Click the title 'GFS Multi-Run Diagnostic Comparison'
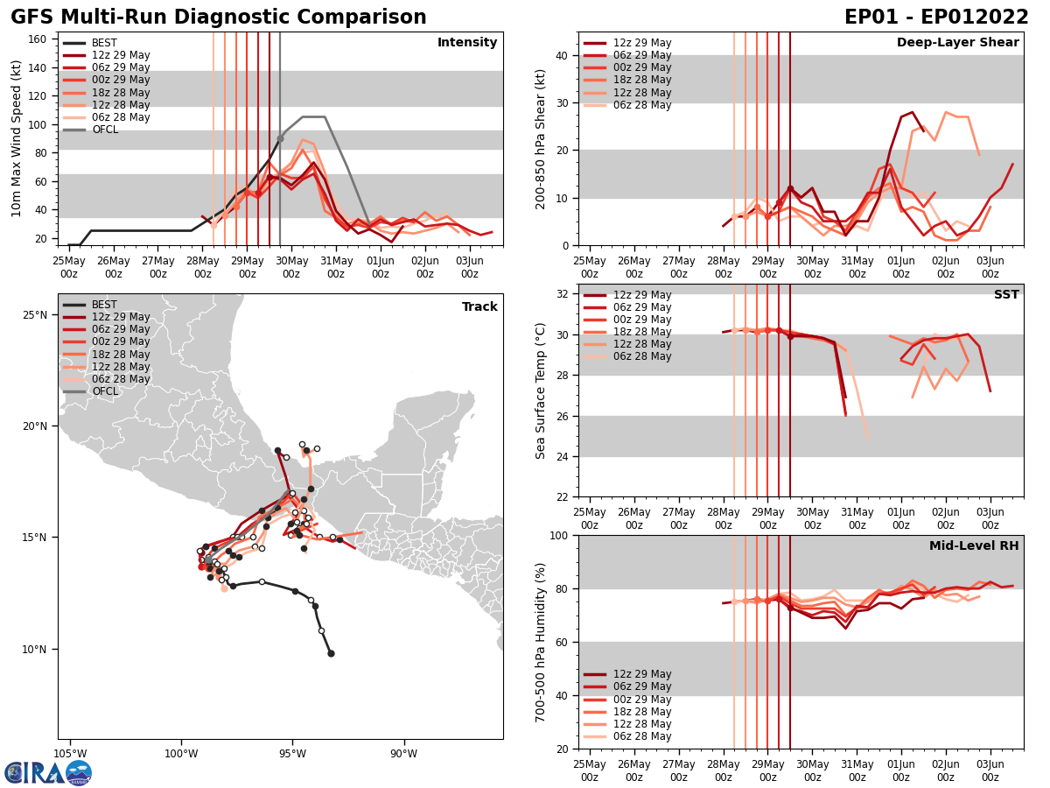(219, 18)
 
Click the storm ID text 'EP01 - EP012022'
(936, 18)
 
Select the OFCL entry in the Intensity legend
(104, 130)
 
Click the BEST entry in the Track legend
(104, 306)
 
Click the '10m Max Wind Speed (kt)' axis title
(17, 138)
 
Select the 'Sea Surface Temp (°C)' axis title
(541, 390)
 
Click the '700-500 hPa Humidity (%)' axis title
(541, 642)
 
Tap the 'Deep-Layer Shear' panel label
(957, 43)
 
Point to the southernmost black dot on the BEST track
(331, 653)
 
